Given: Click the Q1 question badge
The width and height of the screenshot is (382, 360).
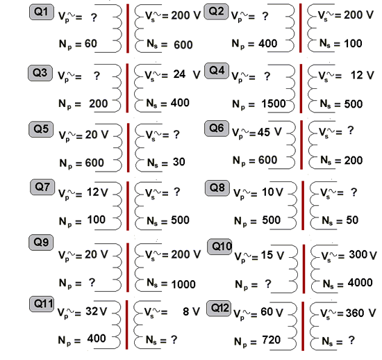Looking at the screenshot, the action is (42, 12).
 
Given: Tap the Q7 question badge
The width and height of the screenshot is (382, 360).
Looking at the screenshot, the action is (42, 187).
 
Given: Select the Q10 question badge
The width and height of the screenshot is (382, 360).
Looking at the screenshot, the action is (219, 247).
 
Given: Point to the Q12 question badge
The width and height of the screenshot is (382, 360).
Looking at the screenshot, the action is (219, 309).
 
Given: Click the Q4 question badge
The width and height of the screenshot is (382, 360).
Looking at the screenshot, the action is (217, 71).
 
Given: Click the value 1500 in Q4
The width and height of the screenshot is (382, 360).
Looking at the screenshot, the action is (274, 104).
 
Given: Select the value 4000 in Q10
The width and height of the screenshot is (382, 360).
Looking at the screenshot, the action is (360, 283).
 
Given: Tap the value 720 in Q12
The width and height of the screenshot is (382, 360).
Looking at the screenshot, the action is (271, 340).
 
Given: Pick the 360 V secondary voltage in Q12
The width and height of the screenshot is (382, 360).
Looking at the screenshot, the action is (360, 313).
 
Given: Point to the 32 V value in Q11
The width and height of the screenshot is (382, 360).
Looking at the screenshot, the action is (97, 311).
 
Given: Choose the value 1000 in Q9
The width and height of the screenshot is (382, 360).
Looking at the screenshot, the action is (183, 284).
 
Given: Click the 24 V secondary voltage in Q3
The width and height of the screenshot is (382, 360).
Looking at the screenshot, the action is (187, 74).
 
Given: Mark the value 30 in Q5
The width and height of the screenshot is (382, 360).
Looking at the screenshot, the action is (178, 162).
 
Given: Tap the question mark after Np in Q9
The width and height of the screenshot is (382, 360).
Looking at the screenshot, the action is (92, 282).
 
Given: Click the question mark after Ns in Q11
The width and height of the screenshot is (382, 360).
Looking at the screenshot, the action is (174, 340).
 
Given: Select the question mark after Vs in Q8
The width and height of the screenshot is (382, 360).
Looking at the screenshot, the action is (354, 193).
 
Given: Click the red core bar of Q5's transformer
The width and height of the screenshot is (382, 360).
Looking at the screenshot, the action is (128, 147).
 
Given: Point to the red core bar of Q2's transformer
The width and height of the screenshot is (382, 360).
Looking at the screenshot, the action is (300, 28).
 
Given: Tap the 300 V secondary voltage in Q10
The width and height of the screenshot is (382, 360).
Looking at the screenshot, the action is (363, 255).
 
